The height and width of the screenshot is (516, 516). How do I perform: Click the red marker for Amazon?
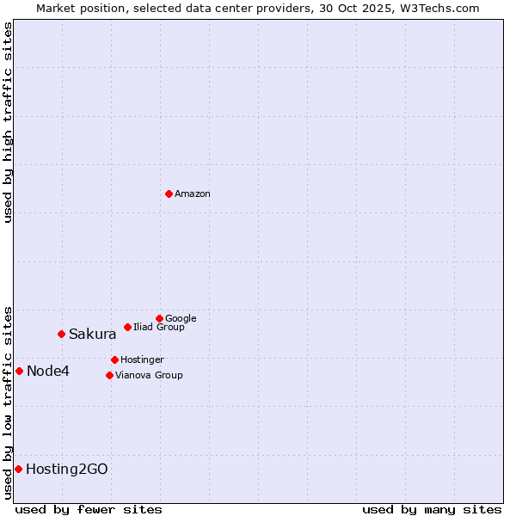click(169, 193)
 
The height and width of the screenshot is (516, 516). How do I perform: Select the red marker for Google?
click(159, 318)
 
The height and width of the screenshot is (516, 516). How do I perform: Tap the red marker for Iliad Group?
click(127, 327)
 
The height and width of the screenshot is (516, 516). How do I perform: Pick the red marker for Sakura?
click(61, 334)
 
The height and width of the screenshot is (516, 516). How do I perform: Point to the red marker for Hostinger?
click(114, 359)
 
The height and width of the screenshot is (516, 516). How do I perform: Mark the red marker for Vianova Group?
click(109, 375)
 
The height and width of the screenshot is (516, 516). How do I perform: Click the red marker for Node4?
click(19, 371)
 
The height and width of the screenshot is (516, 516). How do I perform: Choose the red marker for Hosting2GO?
click(18, 469)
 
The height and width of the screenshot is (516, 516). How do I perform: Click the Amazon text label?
click(193, 194)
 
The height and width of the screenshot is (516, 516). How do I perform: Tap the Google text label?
click(181, 319)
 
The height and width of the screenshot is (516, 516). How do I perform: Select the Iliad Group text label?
click(159, 327)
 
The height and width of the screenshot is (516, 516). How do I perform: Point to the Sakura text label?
click(93, 335)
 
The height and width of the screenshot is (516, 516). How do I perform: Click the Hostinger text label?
click(142, 359)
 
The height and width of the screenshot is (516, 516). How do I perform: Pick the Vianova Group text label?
click(149, 375)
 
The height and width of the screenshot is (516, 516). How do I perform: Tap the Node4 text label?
click(48, 372)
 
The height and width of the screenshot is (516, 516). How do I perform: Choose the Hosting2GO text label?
click(67, 470)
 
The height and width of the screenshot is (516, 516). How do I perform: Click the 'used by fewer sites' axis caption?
click(89, 509)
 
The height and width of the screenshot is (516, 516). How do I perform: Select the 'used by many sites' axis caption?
click(432, 509)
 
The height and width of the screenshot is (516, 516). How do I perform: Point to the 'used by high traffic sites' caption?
click(9, 122)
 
